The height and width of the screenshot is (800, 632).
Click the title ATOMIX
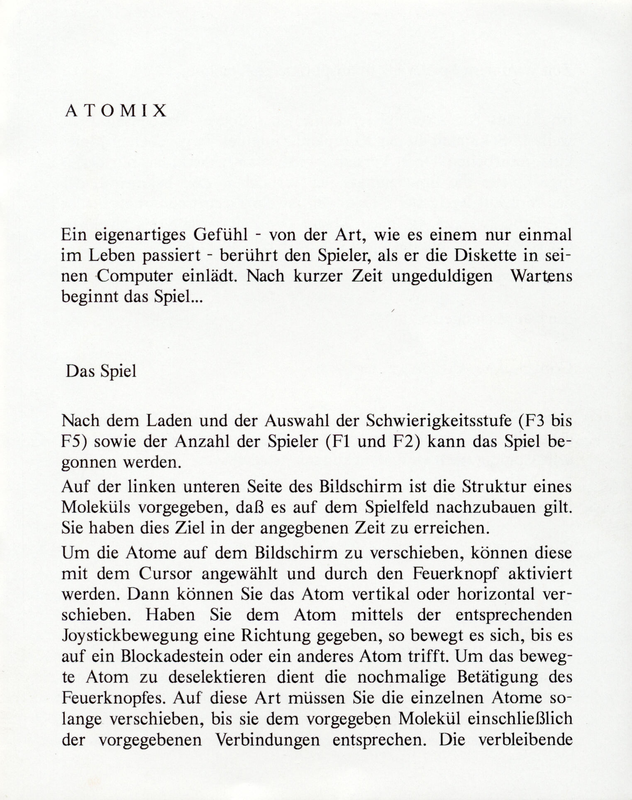click(x=116, y=111)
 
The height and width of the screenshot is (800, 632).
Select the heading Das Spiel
click(x=101, y=371)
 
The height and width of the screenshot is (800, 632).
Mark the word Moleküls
click(x=96, y=507)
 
